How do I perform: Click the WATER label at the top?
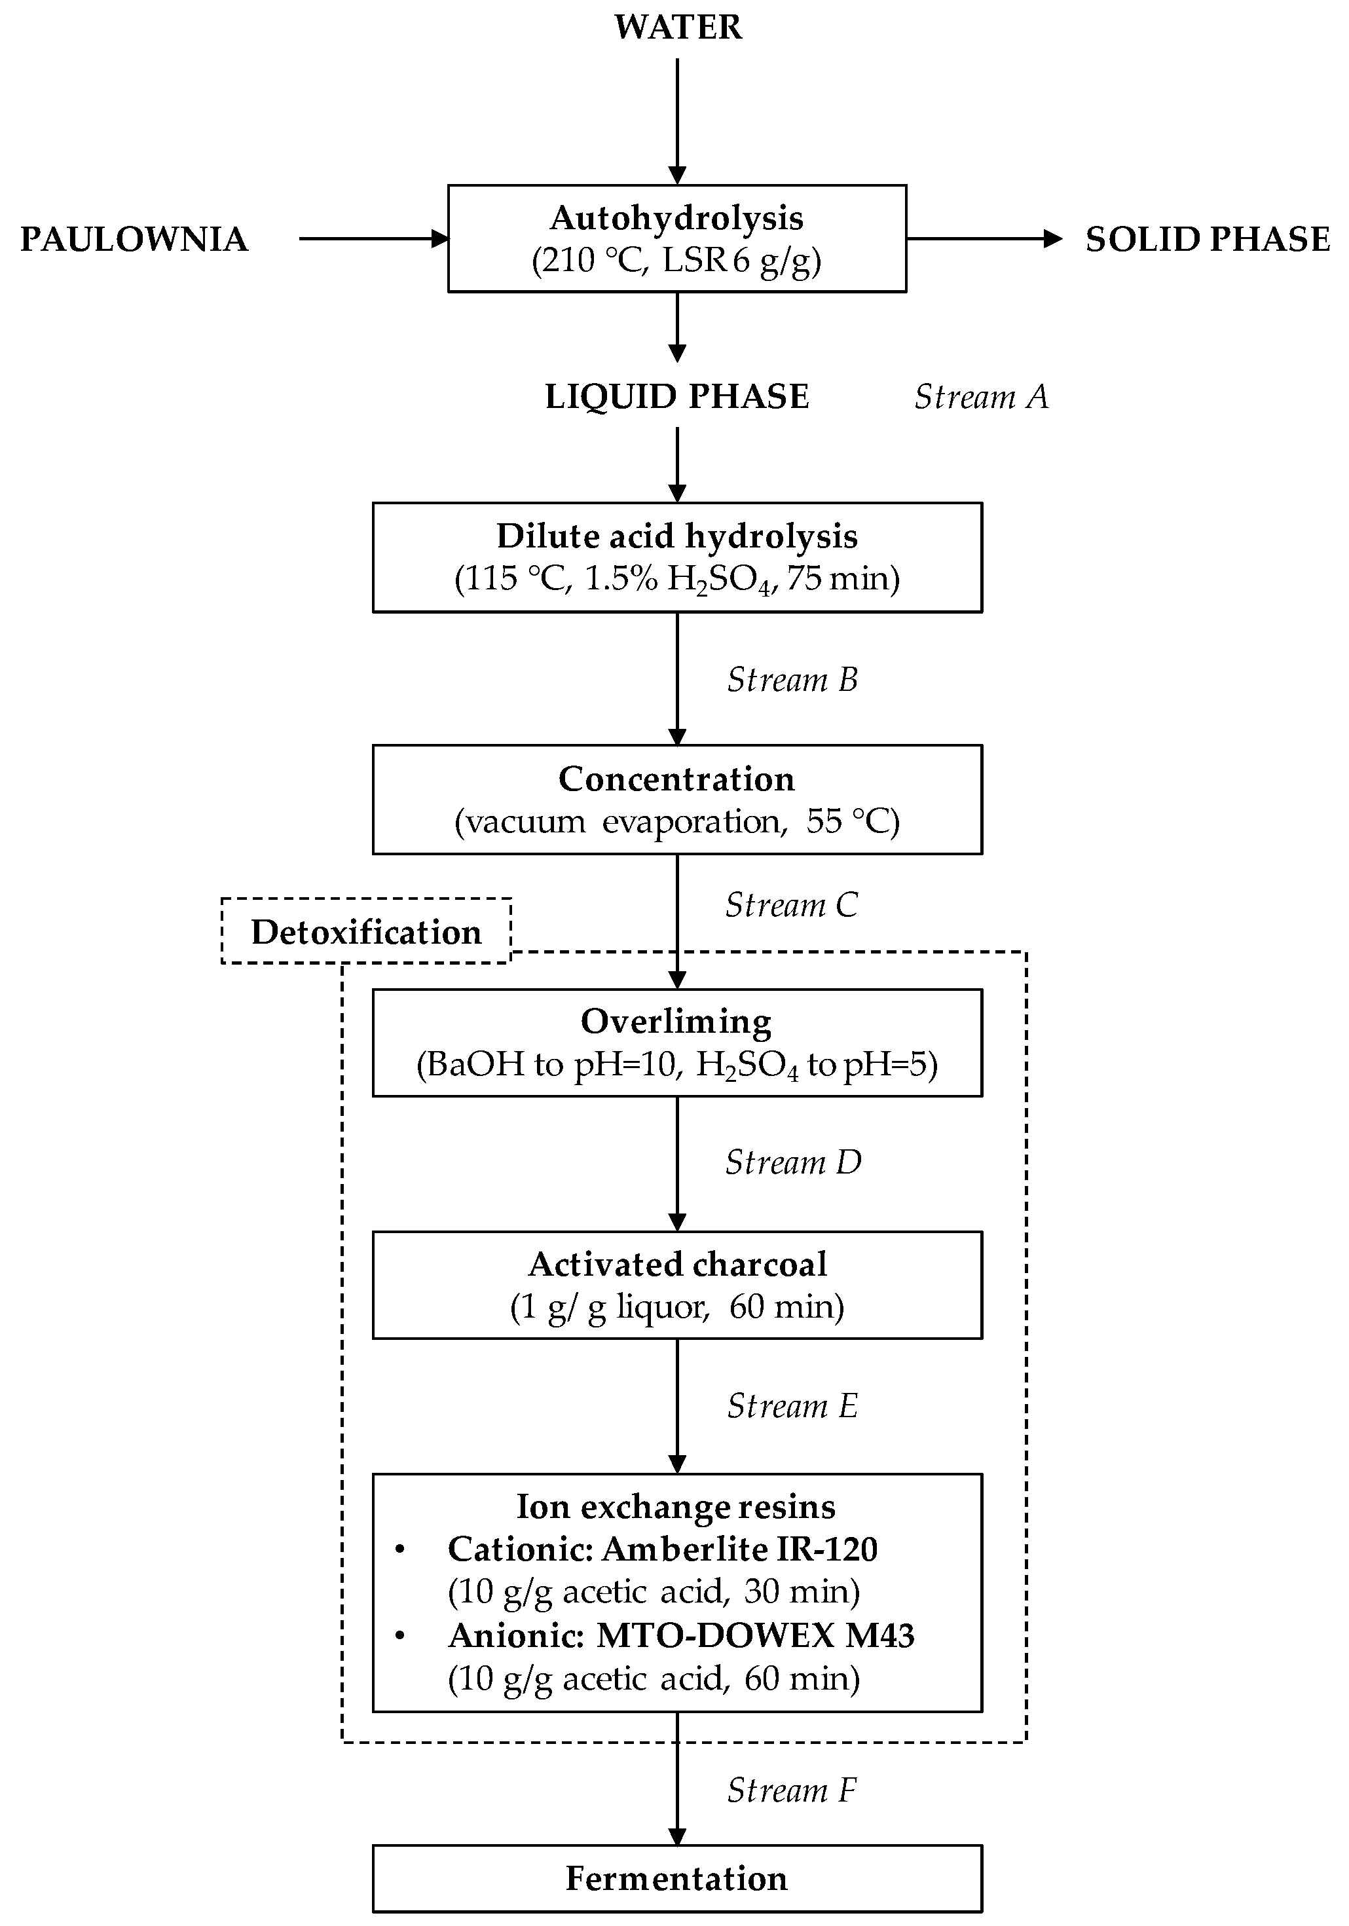click(677, 27)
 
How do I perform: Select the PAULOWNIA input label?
click(134, 239)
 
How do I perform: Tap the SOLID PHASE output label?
click(1207, 239)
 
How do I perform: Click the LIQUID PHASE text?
click(677, 397)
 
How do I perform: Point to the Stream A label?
click(982, 397)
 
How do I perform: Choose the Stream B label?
click(792, 680)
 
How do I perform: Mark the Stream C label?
click(791, 905)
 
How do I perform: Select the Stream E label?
click(792, 1406)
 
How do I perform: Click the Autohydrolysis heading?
click(677, 218)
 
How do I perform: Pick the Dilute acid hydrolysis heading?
click(677, 536)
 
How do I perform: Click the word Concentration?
click(677, 779)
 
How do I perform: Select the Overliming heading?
click(677, 1022)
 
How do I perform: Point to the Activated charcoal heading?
click(677, 1264)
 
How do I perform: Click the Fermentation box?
click(677, 1878)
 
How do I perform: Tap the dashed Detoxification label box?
click(366, 932)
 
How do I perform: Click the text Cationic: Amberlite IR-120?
click(662, 1549)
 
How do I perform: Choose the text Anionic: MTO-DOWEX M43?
click(680, 1635)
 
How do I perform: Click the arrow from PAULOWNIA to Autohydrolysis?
click(374, 239)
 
